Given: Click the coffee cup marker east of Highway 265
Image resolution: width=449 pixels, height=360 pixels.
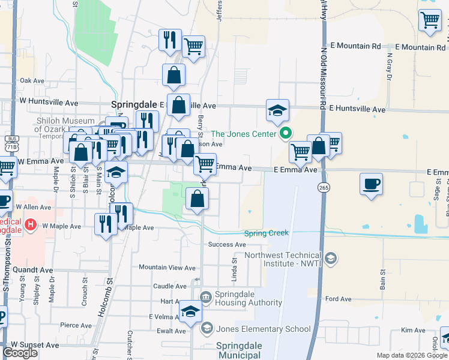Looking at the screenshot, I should (x=372, y=183).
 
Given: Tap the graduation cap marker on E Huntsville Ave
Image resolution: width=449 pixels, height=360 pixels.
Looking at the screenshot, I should (x=278, y=110).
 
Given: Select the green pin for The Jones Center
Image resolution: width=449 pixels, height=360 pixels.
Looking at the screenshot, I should (x=286, y=133).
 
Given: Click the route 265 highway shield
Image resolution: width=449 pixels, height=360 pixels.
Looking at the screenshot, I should (x=324, y=188).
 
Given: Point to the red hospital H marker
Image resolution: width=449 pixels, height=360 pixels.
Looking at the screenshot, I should (x=28, y=226).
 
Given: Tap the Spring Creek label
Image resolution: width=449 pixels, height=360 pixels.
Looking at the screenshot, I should (x=267, y=233).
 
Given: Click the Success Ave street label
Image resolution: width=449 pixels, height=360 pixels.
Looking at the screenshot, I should (x=227, y=245).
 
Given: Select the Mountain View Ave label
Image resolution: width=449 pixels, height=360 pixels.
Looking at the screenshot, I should (x=167, y=268).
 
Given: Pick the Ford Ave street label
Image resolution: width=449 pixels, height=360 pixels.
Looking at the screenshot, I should (x=338, y=299).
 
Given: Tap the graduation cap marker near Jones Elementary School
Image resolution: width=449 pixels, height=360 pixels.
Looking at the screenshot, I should (x=190, y=312).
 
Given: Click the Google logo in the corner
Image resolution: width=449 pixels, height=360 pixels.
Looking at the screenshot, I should (x=20, y=353).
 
